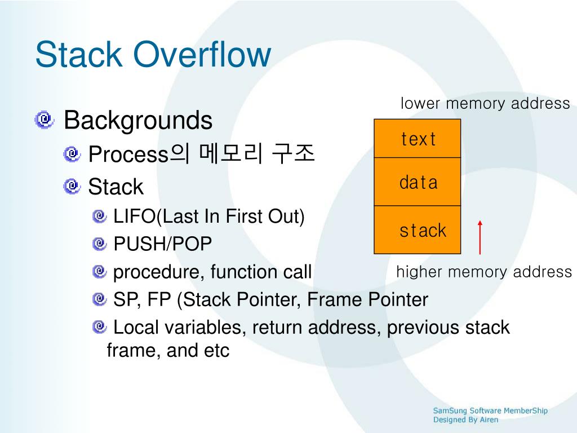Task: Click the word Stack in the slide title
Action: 78,55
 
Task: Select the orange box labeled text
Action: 418,139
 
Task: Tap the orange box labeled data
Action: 418,182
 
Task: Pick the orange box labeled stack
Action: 418,230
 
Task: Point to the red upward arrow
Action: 480,237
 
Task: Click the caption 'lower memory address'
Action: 485,104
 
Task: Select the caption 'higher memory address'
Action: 484,272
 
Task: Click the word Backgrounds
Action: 138,120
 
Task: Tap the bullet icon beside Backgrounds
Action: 44,120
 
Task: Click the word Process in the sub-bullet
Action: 129,154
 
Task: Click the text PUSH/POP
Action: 163,244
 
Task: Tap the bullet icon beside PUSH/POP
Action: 100,244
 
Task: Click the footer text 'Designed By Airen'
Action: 465,420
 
